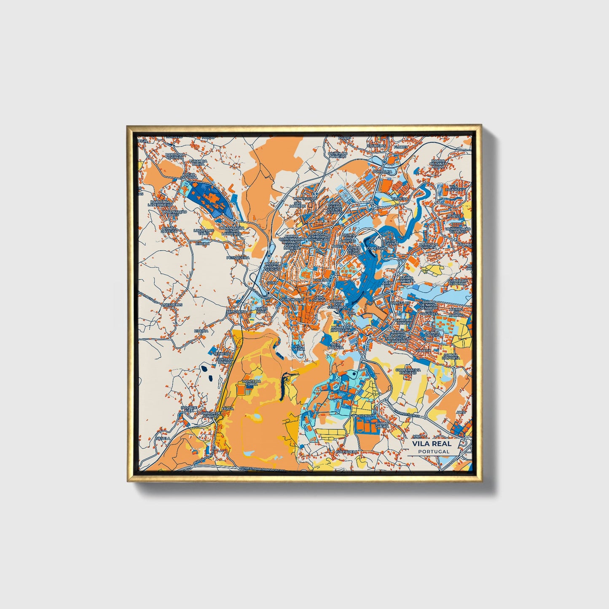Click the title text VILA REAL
[432, 443]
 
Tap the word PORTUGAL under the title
[434, 451]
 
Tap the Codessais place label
[377, 249]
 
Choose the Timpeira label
[400, 199]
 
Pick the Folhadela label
[347, 451]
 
